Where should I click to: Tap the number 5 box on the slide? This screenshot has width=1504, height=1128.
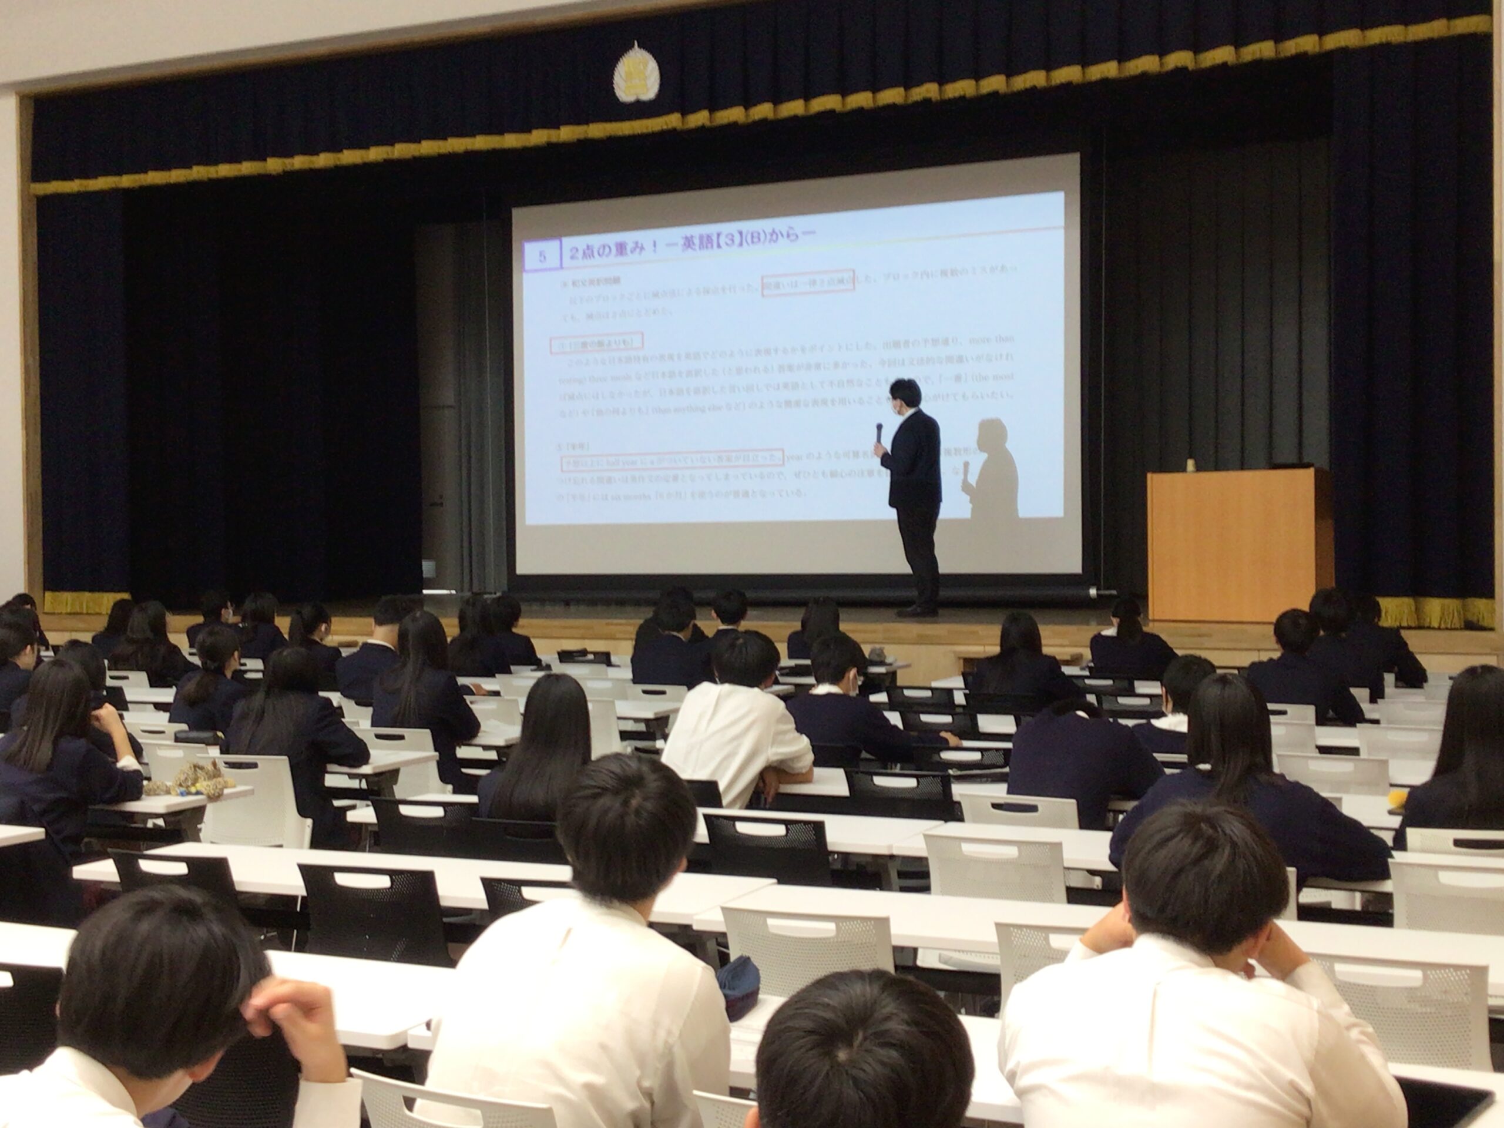click(542, 256)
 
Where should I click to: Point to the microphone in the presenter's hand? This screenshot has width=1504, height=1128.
click(879, 432)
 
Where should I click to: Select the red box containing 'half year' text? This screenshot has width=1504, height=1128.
click(671, 461)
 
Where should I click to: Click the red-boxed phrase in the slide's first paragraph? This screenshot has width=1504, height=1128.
click(807, 284)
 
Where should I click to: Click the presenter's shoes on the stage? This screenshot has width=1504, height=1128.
click(917, 611)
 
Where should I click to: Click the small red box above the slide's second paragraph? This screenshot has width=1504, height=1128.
click(596, 344)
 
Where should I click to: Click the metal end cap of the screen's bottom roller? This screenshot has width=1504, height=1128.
click(1093, 592)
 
